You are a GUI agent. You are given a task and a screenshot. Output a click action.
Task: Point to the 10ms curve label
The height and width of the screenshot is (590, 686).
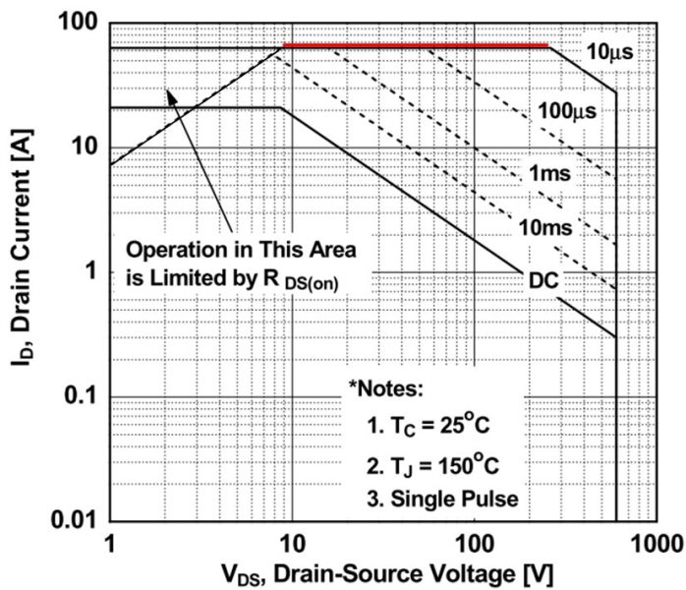(546, 229)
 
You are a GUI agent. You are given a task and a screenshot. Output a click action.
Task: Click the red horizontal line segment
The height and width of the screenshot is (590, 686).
(415, 45)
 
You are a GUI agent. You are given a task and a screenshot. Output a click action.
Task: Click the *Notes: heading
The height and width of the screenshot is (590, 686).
(385, 388)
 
